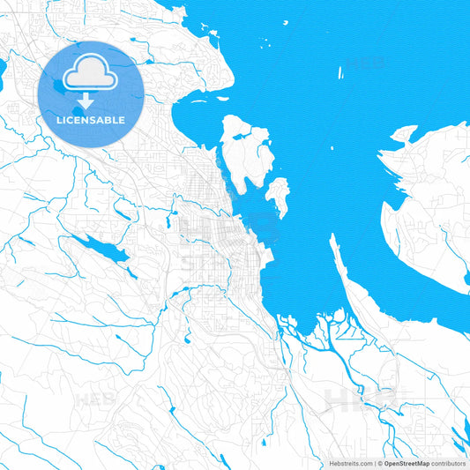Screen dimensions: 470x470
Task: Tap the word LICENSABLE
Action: [91, 119]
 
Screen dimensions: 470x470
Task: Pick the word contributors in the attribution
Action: [448, 463]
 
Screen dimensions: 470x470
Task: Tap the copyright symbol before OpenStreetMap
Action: [380, 463]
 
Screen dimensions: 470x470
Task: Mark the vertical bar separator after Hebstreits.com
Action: [374, 463]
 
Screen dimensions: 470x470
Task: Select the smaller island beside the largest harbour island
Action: [279, 195]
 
